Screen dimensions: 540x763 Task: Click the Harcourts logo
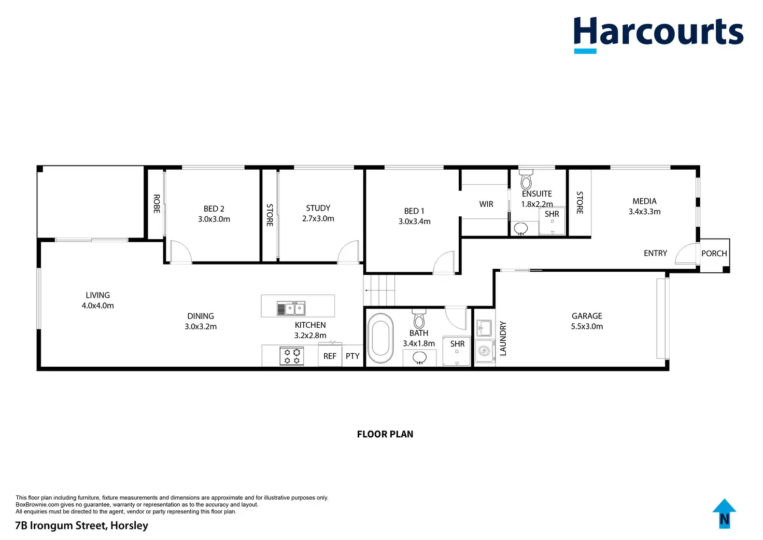[x=658, y=33]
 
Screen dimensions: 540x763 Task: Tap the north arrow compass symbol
[x=724, y=514]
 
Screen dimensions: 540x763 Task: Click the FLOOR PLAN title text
[x=385, y=434]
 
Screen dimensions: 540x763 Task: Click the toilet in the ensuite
[x=526, y=179]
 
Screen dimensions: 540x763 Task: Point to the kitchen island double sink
[x=291, y=309]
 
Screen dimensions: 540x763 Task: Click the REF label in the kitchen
[x=330, y=356]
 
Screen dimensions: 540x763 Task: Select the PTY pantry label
[x=352, y=356]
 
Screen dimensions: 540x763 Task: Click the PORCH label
[x=714, y=253]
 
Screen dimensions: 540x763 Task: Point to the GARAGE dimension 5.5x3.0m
[x=587, y=326]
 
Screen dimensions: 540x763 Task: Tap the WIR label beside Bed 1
[x=486, y=204]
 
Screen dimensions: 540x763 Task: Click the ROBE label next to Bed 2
[x=156, y=204]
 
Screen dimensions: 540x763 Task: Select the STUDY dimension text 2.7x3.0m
[x=318, y=218]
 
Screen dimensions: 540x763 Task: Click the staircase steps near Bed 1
[x=380, y=290]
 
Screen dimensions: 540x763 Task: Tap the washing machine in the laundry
[x=484, y=351]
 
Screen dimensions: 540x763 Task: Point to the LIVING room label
[x=97, y=295]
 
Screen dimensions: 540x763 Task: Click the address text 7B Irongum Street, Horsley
[x=82, y=525]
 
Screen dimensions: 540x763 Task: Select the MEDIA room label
[x=644, y=201]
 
